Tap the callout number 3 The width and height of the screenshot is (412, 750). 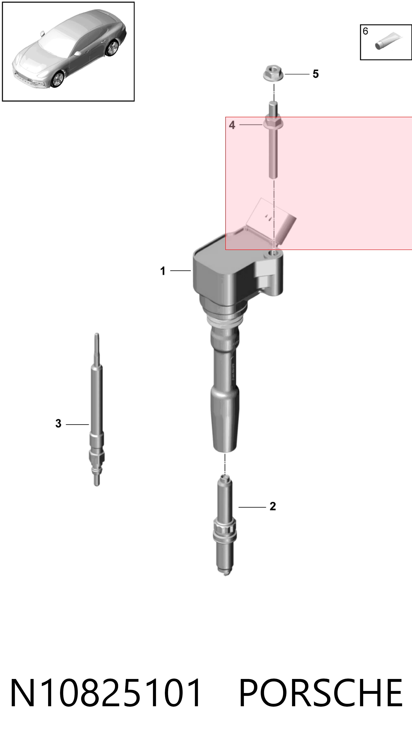[x=58, y=423]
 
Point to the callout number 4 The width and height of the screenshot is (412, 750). [x=232, y=125]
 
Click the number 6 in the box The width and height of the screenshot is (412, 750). [x=365, y=31]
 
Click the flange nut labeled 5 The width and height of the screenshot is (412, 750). [x=273, y=73]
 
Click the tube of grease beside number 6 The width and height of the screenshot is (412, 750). [x=388, y=41]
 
